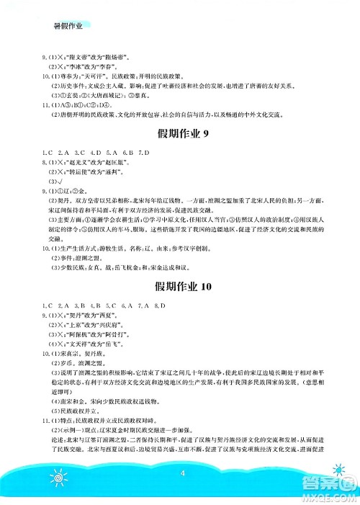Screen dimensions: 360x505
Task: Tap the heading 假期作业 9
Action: click(x=180, y=133)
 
